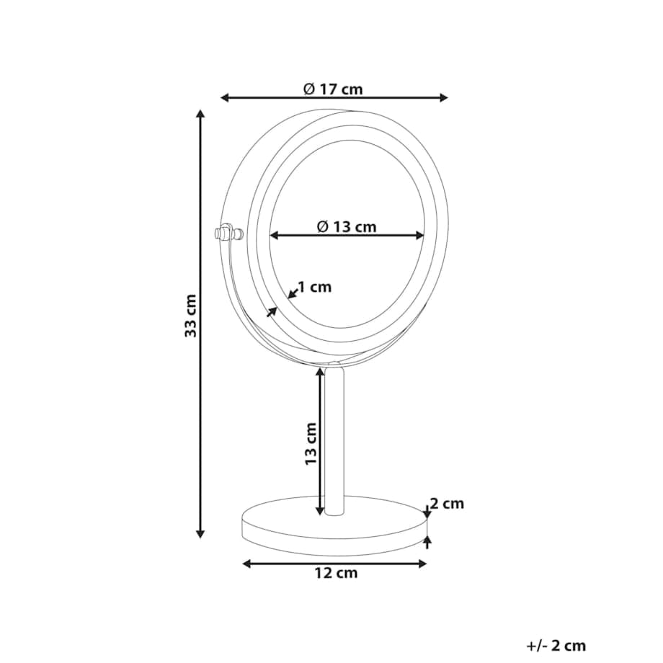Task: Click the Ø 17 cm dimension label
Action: point(333,89)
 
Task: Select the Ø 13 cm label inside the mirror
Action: point(347,226)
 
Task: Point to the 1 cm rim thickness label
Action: point(315,287)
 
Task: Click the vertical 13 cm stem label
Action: point(311,443)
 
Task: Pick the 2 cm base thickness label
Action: point(447,504)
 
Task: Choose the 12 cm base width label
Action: point(336,573)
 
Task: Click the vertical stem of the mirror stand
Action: point(334,440)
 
